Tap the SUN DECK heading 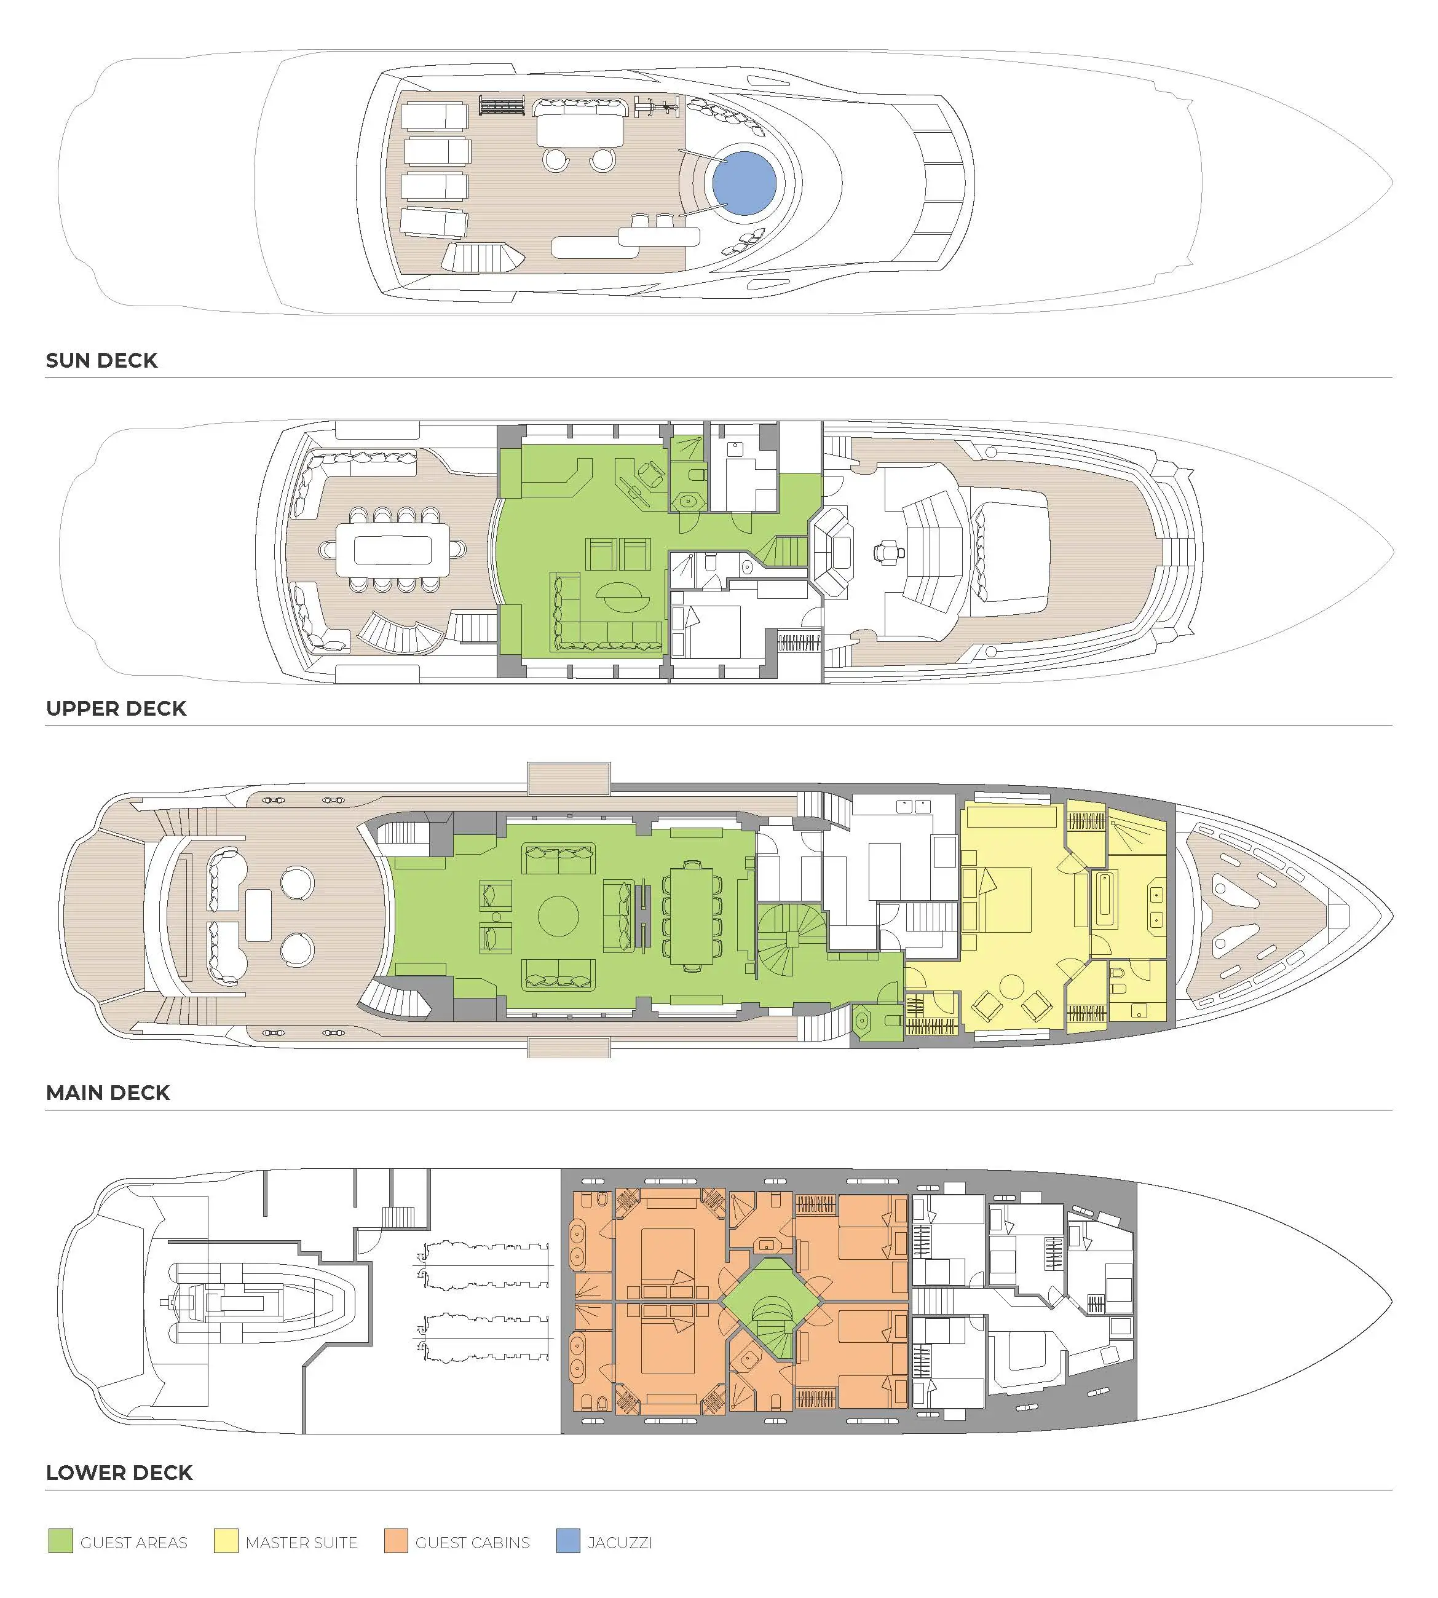[102, 360]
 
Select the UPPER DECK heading [116, 708]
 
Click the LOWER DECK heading [119, 1473]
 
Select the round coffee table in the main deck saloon [558, 916]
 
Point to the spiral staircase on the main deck [790, 939]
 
